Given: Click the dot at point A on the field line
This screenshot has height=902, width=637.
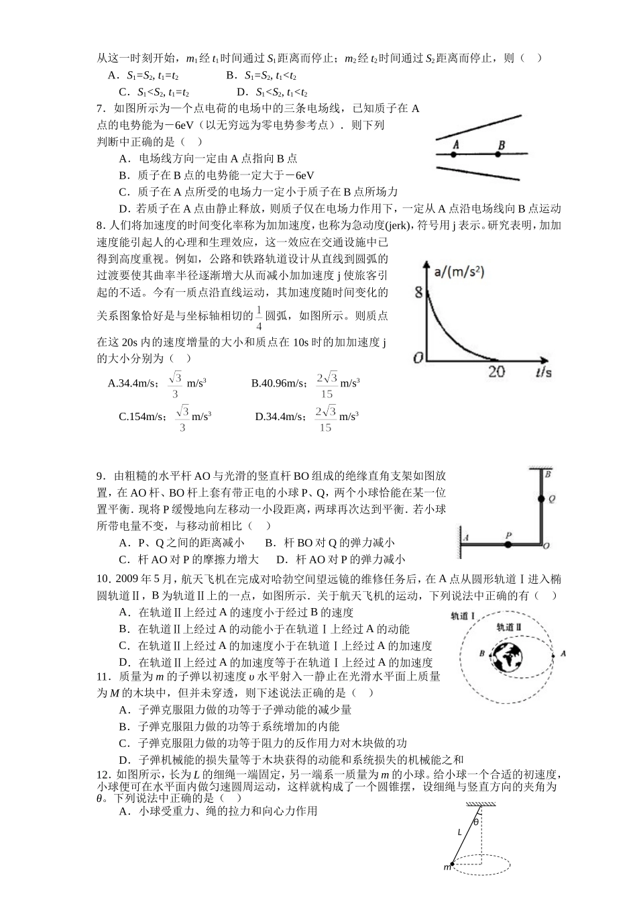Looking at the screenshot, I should coord(453,154).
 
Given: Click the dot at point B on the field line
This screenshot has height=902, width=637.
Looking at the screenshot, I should coord(498,154).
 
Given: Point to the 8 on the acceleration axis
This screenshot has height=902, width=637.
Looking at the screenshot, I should coord(419,293).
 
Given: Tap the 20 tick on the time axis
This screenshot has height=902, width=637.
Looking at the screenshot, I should coord(496,371).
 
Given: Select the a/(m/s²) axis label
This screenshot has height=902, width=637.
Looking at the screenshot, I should coord(459,272).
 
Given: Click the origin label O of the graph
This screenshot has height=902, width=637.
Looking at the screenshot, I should coord(418,358).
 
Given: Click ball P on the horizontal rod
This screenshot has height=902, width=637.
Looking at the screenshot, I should coord(508,544).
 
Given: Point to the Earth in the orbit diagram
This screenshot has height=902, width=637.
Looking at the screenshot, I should coord(510,656).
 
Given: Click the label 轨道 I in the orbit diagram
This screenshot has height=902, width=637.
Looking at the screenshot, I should coord(463,615).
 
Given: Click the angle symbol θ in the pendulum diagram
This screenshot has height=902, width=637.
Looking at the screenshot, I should coord(476,821).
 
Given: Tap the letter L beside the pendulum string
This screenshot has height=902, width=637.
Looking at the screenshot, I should coord(460,833).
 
